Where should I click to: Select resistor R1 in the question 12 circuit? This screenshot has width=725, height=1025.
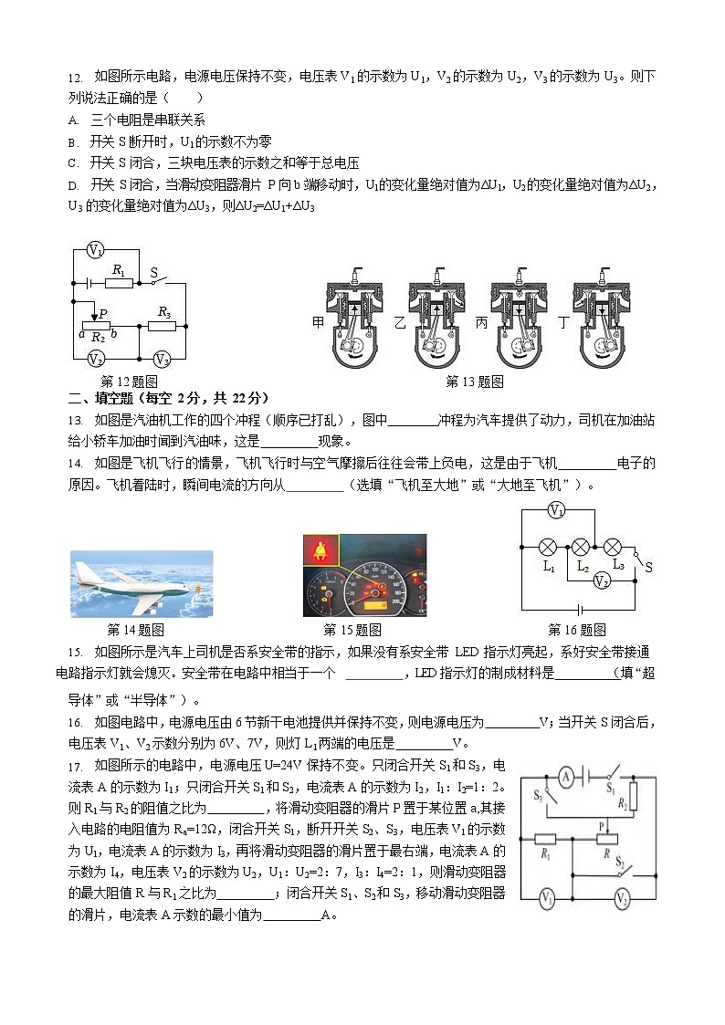(118, 282)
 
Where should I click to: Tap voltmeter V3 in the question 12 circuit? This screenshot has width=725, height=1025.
(163, 359)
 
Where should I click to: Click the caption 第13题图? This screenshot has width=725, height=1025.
(475, 382)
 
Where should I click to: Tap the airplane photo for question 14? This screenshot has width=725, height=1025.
(142, 583)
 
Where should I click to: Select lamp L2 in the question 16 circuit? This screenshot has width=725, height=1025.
(579, 547)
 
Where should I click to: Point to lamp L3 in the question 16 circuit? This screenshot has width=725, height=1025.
(614, 547)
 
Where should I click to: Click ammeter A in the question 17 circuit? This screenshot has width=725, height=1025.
(566, 777)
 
